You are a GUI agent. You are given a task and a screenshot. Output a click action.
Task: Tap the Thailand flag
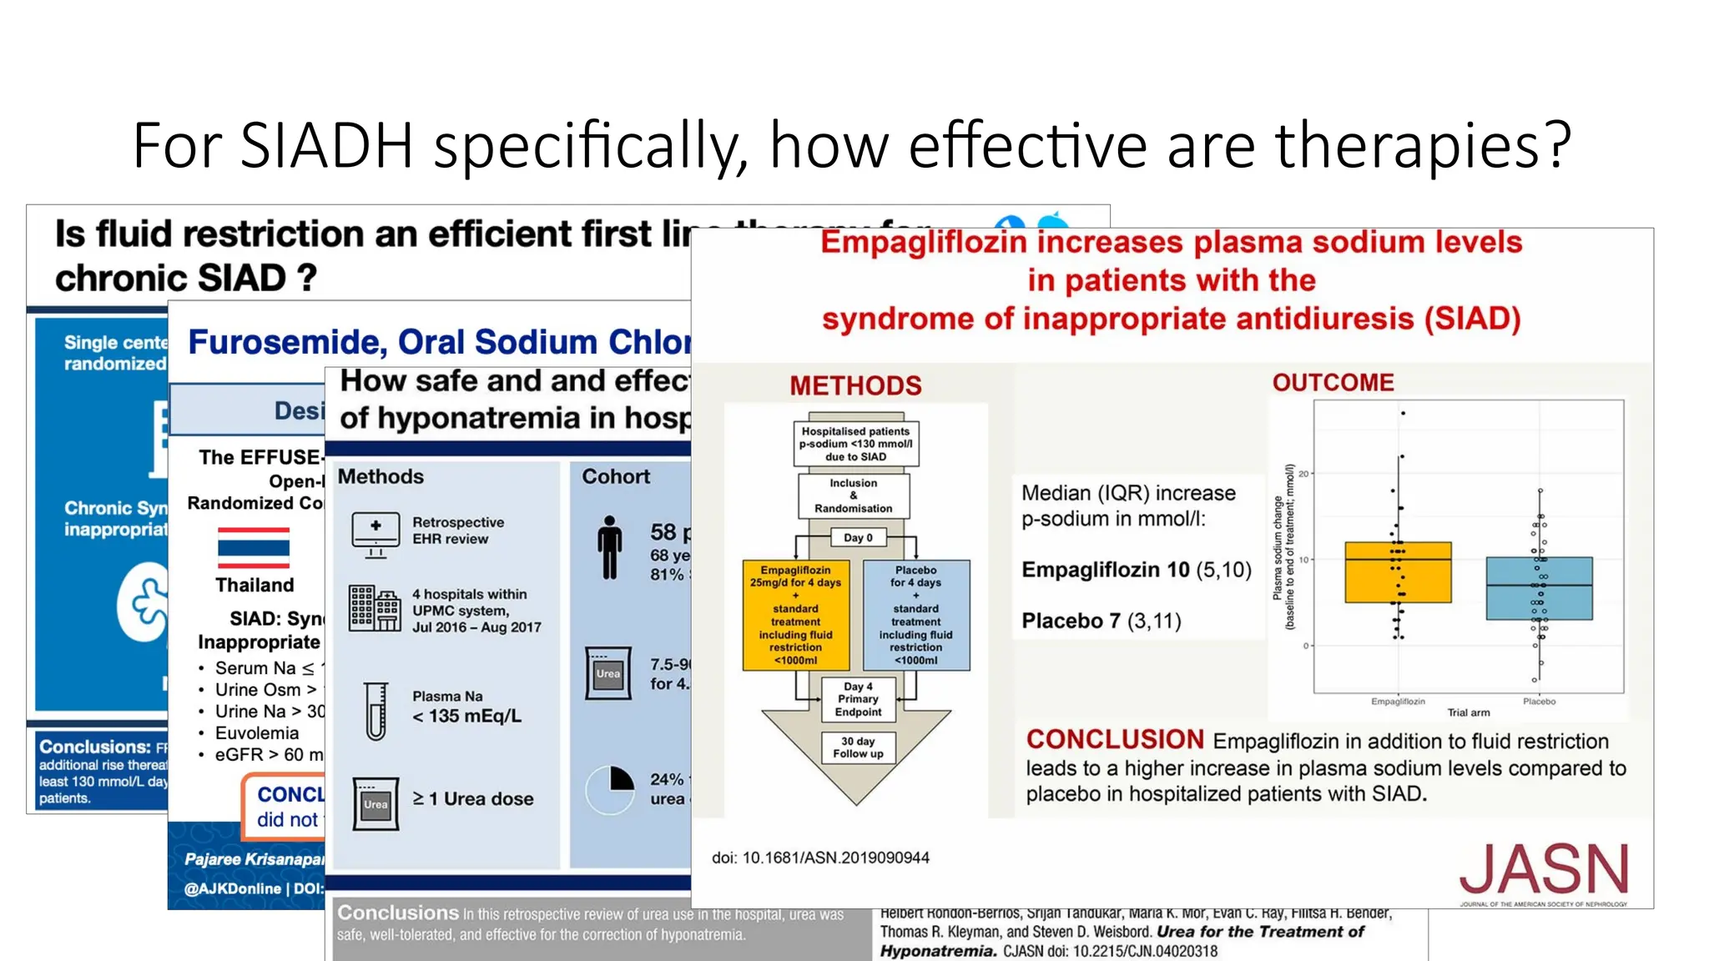click(x=254, y=547)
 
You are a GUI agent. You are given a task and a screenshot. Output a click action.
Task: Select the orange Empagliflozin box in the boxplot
click(x=1398, y=572)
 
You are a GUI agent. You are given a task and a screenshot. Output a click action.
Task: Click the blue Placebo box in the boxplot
click(x=1539, y=588)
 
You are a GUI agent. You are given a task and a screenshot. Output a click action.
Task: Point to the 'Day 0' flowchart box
click(x=857, y=537)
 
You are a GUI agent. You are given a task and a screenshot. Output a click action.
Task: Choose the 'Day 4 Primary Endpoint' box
click(x=858, y=699)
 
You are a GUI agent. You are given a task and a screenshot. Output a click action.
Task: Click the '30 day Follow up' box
click(x=858, y=747)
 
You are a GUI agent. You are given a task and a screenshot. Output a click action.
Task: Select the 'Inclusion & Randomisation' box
click(x=854, y=496)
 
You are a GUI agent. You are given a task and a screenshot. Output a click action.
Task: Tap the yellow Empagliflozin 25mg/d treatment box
click(x=795, y=615)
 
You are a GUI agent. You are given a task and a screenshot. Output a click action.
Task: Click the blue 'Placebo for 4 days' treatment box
click(x=915, y=615)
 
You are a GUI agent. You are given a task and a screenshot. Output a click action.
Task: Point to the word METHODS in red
click(x=855, y=385)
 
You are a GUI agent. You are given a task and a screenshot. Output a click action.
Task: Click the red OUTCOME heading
click(x=1333, y=383)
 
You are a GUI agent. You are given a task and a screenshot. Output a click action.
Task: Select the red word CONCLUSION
click(x=1115, y=739)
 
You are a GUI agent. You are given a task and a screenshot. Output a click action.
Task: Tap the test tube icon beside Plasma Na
click(x=376, y=711)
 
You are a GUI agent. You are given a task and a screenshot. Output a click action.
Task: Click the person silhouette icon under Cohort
click(x=610, y=547)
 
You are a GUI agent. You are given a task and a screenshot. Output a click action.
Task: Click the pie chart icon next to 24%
click(x=611, y=789)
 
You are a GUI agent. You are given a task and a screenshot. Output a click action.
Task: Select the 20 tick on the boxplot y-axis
click(x=1303, y=474)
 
